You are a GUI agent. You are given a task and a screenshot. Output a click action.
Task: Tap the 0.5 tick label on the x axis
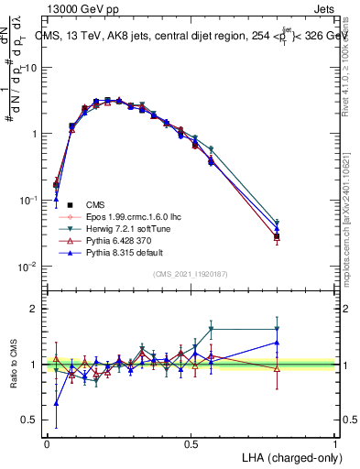[x=191, y=443]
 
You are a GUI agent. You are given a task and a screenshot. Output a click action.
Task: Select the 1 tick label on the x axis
[x=335, y=443]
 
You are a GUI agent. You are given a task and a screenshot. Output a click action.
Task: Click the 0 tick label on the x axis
[x=47, y=443]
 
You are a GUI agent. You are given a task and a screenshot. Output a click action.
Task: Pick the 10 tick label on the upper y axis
[x=32, y=68]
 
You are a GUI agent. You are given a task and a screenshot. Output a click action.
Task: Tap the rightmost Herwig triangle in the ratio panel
[x=277, y=329]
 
